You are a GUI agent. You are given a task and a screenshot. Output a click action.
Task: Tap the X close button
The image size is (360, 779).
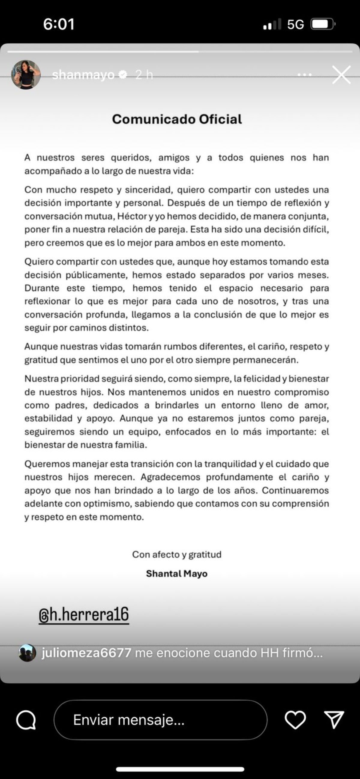[341, 75]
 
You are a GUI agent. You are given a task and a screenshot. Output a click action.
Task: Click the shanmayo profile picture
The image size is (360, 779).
[26, 74]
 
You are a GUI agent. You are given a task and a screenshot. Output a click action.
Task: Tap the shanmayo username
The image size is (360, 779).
[83, 75]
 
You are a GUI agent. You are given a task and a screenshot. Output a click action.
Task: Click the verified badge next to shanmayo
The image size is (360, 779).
[123, 74]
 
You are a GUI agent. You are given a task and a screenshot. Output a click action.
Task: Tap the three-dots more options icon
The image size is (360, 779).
[304, 75]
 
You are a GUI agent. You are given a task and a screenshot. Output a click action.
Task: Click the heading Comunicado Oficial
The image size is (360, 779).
[177, 119]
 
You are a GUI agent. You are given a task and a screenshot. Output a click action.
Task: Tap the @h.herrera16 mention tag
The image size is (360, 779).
[84, 614]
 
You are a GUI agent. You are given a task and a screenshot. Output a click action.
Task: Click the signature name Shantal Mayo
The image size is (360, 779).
[177, 573]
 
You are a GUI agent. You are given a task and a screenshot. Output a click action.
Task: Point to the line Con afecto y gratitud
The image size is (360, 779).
[177, 554]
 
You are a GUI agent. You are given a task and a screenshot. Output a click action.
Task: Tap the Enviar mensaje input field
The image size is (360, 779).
[160, 720]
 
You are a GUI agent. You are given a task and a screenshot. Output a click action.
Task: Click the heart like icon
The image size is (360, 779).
[295, 720]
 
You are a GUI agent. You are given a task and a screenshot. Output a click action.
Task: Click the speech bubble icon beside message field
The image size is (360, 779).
[26, 720]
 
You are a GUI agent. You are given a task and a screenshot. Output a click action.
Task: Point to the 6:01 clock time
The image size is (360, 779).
[59, 24]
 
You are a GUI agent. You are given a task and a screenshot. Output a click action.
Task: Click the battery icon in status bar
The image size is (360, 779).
[322, 24]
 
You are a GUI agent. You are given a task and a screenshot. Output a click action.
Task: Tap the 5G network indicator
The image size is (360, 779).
[295, 24]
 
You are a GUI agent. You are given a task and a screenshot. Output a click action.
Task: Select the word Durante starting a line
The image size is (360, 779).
[42, 288]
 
